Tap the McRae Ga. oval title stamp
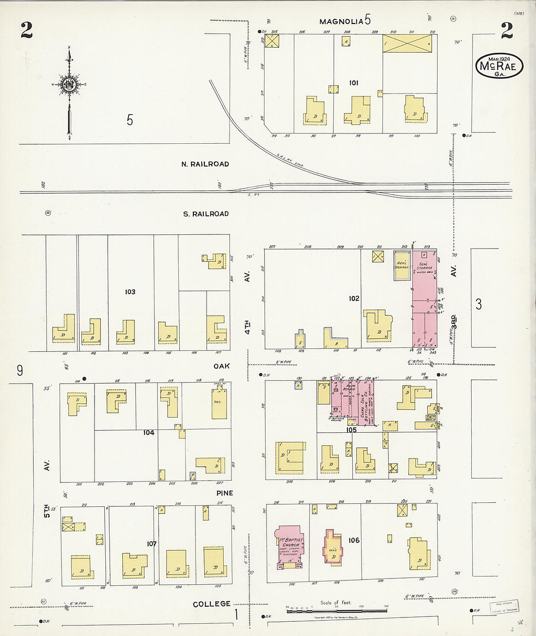499,66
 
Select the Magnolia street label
341,21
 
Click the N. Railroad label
205,164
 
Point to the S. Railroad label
206,214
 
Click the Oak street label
221,366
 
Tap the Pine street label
225,493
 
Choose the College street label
211,604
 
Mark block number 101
354,83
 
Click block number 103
130,292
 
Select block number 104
149,432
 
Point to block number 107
152,543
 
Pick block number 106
354,540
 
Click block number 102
354,298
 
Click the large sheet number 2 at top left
26,31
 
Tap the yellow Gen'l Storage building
402,266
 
